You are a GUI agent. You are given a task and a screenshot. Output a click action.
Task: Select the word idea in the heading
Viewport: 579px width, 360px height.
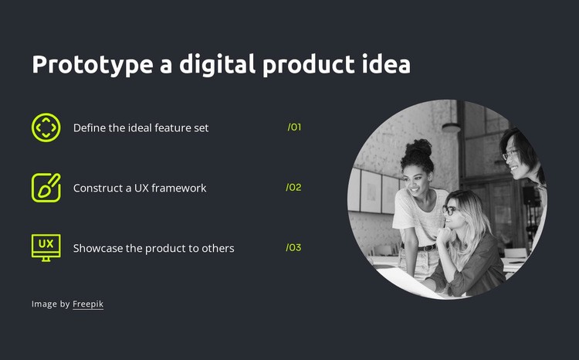click(386, 65)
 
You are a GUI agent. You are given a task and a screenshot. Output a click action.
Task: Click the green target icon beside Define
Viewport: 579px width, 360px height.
click(46, 127)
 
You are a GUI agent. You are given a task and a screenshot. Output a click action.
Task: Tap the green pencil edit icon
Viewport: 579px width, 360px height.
click(46, 188)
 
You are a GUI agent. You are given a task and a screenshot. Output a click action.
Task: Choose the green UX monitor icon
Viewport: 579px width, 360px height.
click(46, 247)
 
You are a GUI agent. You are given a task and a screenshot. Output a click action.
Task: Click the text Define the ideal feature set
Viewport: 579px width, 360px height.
click(141, 127)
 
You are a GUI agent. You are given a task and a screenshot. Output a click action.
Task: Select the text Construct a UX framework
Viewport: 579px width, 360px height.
click(140, 188)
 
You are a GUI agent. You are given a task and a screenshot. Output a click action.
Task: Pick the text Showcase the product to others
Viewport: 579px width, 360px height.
click(154, 248)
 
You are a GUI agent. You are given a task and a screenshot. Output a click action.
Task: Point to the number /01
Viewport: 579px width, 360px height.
click(294, 127)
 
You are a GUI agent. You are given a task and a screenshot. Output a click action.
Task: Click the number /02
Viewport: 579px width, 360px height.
click(293, 187)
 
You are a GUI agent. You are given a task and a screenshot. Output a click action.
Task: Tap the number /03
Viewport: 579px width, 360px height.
click(293, 247)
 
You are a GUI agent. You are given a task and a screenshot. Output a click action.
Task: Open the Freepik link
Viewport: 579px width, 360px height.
click(88, 304)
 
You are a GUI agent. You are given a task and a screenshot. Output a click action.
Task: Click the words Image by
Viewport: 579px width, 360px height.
click(51, 304)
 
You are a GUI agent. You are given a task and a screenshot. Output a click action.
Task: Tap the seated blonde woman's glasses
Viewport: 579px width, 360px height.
click(449, 210)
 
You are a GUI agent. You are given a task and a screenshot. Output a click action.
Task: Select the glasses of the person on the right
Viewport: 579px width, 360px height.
click(510, 155)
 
